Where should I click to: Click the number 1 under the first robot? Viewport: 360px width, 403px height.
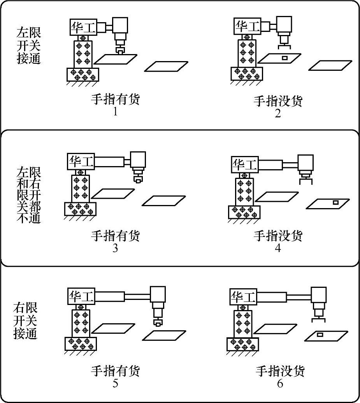[x=115, y=112]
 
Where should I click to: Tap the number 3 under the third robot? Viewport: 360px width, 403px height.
[x=115, y=248]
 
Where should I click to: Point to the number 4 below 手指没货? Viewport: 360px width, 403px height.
[x=278, y=248]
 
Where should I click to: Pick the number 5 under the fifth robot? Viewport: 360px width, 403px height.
[x=115, y=384]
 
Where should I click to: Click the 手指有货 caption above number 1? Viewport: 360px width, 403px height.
[x=115, y=100]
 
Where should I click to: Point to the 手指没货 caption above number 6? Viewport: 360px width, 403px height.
[x=280, y=371]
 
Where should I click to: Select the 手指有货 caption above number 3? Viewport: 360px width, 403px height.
[x=115, y=235]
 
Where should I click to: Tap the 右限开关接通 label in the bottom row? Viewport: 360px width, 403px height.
[x=26, y=321]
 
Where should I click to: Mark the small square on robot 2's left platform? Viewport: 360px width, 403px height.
[x=284, y=58]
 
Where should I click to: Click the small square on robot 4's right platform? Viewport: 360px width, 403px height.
[x=335, y=202]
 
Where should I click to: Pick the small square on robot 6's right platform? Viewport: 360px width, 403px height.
[x=320, y=335]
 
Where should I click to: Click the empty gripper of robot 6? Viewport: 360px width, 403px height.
[x=319, y=320]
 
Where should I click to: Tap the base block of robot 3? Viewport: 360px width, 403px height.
[x=80, y=209]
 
